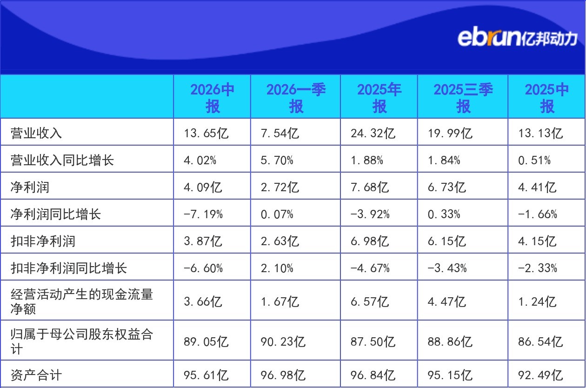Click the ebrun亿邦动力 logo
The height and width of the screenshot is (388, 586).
[517, 38]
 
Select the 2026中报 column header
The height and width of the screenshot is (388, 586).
[212, 98]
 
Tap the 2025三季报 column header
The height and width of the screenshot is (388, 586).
[463, 98]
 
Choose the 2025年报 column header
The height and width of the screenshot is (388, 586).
[380, 98]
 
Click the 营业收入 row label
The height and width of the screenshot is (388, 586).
[36, 133]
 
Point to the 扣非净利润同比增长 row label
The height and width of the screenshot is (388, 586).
[69, 268]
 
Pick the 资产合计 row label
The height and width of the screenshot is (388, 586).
[36, 375]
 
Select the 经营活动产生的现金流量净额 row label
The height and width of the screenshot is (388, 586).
[82, 301]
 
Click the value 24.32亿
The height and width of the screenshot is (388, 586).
[373, 133]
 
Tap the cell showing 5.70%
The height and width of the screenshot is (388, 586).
[277, 160]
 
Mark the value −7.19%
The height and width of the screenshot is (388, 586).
[203, 214]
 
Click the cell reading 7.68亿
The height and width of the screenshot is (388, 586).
[370, 187]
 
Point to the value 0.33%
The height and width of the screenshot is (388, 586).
[444, 214]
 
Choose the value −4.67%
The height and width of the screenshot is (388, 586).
[370, 268]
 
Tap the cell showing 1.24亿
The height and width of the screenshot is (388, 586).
[537, 301]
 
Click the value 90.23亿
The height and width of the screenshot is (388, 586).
[283, 341]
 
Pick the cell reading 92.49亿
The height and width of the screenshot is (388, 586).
[540, 375]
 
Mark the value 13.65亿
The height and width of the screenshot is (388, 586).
[206, 133]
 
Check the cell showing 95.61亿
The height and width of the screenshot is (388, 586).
[206, 375]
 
